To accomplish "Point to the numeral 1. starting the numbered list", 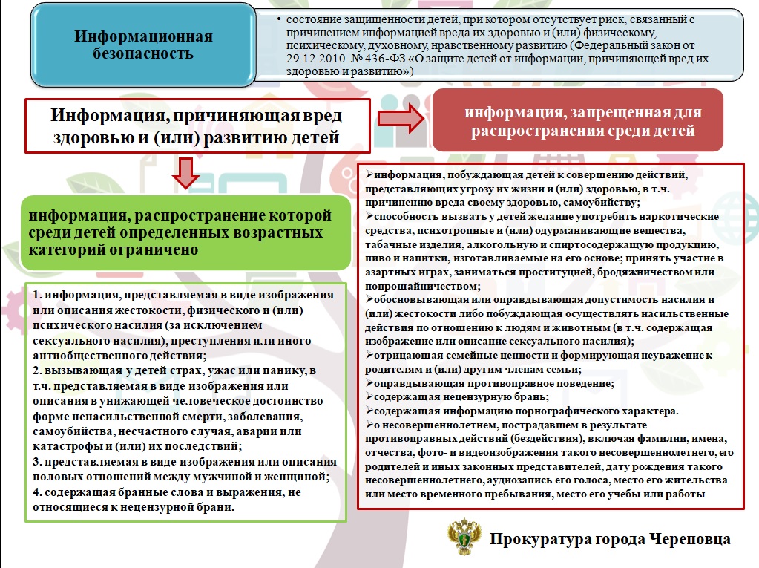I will pyautogui.click(x=38, y=295).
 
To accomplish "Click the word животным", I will pyautogui.click(x=556, y=327).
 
